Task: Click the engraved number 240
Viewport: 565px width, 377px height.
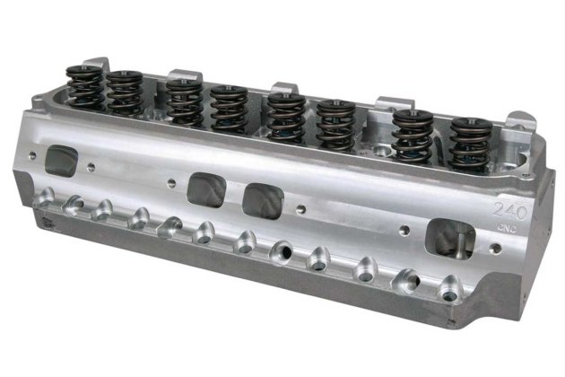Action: point(510,211)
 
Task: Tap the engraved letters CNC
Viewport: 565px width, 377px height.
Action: point(507,228)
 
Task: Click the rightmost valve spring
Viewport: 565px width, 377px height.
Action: point(472,144)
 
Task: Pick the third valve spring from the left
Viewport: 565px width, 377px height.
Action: point(184,101)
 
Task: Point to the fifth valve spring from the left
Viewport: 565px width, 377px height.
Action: point(286,117)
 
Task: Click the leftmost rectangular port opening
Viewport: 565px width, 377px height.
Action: point(62,160)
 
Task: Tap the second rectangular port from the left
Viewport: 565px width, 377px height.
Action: point(207,189)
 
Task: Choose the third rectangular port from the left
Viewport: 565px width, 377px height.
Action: point(263,200)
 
